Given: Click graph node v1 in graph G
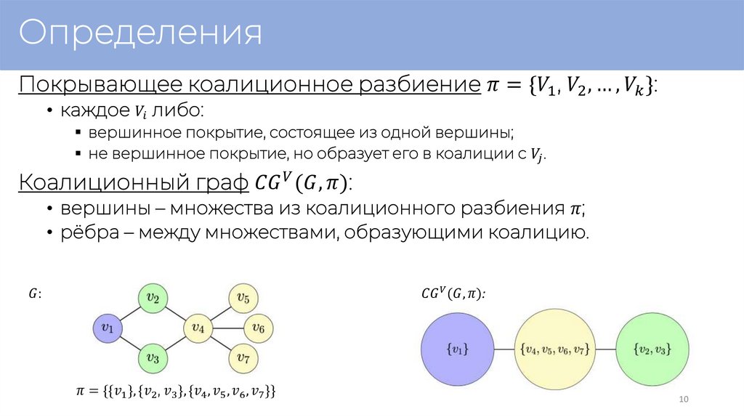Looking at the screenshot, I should click(108, 328).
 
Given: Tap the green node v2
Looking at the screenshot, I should click(153, 298).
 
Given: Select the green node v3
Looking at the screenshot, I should click(153, 358).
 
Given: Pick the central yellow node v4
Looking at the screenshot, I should click(198, 328).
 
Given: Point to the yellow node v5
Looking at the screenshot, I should click(243, 298).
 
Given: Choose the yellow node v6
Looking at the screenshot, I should click(258, 328).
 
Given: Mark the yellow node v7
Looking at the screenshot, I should click(243, 358).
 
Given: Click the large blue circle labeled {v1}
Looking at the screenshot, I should click(456, 350).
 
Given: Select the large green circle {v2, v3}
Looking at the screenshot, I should click(652, 350).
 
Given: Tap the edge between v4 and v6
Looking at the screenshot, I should click(228, 328).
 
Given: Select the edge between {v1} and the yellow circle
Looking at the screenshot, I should click(504, 350).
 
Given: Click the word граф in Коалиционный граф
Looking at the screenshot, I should click(216, 182).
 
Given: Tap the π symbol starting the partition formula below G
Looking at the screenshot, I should click(81, 392).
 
